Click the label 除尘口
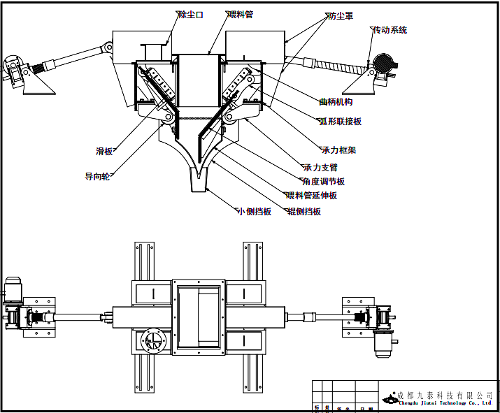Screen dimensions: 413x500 pos(190,15)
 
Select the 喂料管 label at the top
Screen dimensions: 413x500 pos(240,15)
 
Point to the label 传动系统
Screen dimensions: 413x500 pos(390,30)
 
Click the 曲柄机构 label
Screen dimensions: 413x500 pos(336,102)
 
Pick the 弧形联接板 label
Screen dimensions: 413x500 pos(341,122)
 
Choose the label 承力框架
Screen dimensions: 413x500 pos(338,150)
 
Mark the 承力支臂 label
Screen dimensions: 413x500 pos(320,168)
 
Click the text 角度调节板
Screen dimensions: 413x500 pos(323,182)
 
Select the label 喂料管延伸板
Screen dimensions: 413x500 pos(311,196)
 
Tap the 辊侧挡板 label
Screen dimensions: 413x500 pos(304,212)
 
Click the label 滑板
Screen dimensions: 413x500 pos(104,151)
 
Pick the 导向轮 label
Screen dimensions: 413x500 pos(97,177)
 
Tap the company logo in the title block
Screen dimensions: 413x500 pos(388,398)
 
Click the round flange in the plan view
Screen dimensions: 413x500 pos(152,340)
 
